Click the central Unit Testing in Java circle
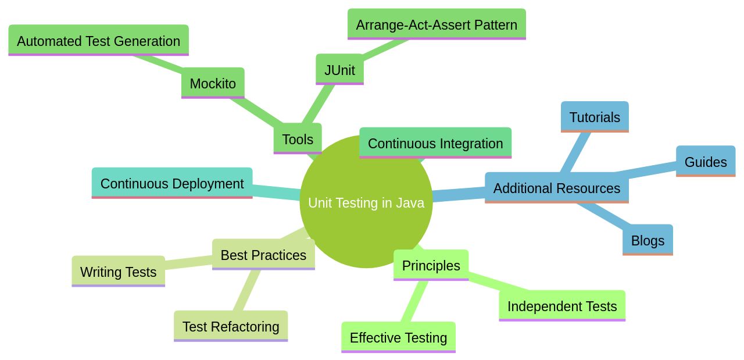366,221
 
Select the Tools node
298,139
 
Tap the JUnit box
339,70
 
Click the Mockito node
213,83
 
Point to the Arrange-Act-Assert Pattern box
437,25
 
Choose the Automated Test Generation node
98,41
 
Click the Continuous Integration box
435,143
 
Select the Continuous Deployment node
172,183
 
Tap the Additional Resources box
556,188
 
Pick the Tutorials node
595,117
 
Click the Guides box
706,162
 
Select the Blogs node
648,240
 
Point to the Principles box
431,265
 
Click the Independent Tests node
562,306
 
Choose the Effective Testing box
398,337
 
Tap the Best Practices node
263,255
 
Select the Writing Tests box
118,272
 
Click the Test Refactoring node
231,326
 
